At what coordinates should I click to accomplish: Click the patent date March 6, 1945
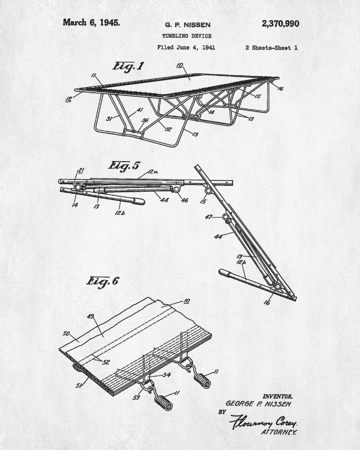click(x=91, y=22)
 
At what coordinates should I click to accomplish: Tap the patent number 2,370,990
click(x=280, y=23)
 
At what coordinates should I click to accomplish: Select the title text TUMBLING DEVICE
click(x=187, y=36)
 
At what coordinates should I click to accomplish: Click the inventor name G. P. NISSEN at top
click(x=188, y=25)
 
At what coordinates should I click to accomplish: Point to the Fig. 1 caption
click(x=128, y=66)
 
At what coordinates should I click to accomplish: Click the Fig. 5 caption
click(x=124, y=166)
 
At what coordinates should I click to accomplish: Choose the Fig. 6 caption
click(x=103, y=281)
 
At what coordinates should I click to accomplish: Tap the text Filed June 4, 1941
click(x=186, y=47)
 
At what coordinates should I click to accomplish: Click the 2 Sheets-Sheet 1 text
click(x=271, y=48)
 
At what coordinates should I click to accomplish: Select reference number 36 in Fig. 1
click(x=145, y=120)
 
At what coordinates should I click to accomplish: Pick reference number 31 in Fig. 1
click(x=109, y=118)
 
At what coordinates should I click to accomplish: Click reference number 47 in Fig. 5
click(x=208, y=217)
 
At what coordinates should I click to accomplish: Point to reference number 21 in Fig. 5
click(x=81, y=171)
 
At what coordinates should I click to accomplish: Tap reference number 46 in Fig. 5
click(x=184, y=200)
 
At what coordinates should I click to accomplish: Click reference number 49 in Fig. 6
click(x=90, y=316)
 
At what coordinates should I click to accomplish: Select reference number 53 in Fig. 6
click(x=136, y=397)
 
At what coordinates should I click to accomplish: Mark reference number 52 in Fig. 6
click(x=106, y=362)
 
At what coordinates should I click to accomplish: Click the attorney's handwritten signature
click(x=263, y=422)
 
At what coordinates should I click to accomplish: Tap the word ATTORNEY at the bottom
click(x=279, y=432)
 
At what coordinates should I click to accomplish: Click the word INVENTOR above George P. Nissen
click(x=278, y=396)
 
